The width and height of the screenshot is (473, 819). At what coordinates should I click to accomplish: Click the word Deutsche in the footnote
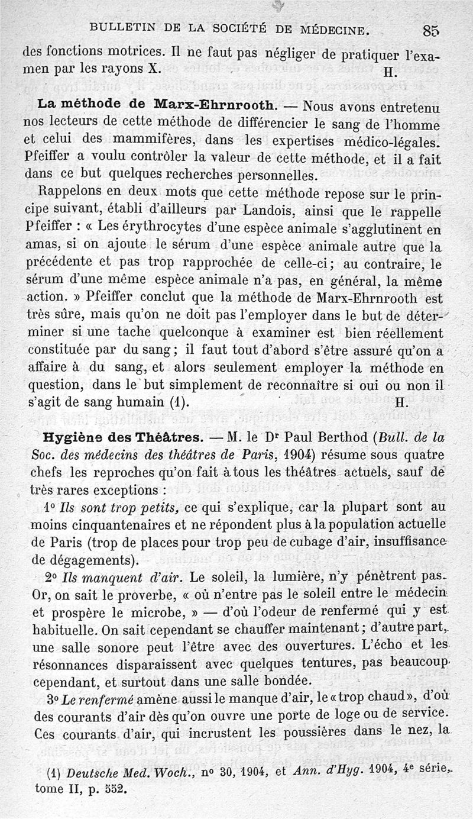point(92,773)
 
